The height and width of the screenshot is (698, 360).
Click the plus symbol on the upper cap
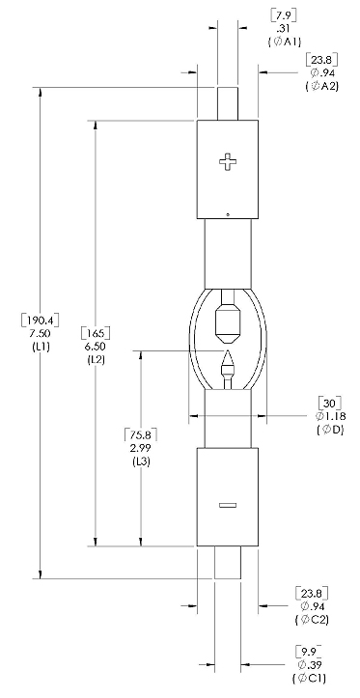(x=228, y=162)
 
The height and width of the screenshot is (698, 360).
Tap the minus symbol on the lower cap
(x=228, y=505)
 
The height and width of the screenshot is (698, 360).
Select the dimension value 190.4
(x=40, y=321)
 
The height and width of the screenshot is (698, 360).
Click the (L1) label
(x=40, y=346)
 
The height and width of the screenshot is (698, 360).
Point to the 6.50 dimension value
(x=96, y=346)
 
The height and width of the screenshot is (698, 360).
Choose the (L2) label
(x=96, y=359)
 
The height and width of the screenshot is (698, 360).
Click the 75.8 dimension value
(x=141, y=434)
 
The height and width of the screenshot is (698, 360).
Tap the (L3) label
(x=141, y=461)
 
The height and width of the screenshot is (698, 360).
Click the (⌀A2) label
(x=321, y=86)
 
